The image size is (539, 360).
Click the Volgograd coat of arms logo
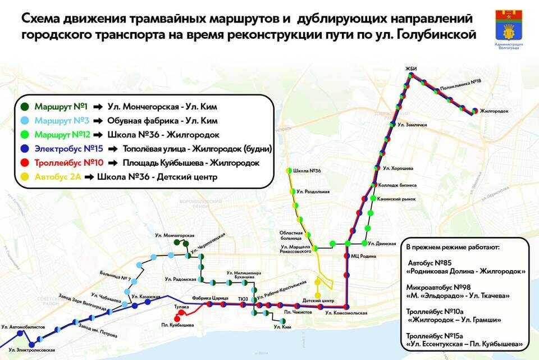[509, 26]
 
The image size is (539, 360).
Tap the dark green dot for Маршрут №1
[24, 106]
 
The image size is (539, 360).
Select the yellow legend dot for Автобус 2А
[24, 178]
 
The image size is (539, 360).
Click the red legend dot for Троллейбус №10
[24, 163]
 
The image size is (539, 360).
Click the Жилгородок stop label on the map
[494, 111]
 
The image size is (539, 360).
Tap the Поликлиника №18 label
[460, 81]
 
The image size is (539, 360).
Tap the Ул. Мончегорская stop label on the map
[175, 235]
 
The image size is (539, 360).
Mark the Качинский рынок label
[395, 198]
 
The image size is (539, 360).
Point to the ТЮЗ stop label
[243, 299]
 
